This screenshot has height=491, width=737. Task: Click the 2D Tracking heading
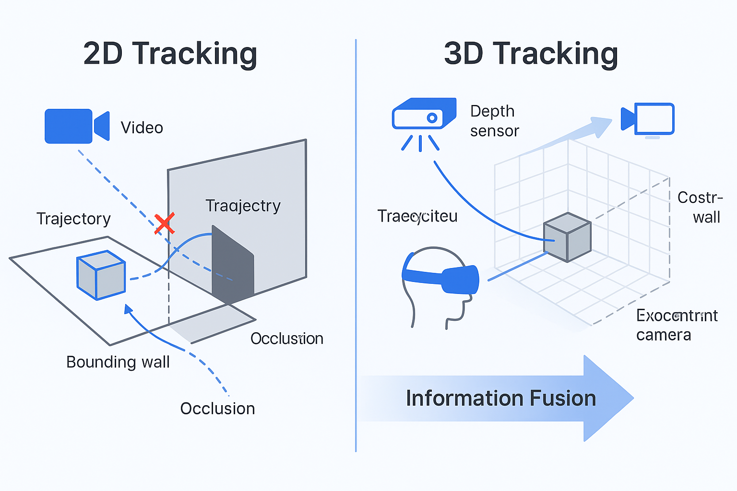tap(170, 53)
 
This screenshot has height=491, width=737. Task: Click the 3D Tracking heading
tap(531, 53)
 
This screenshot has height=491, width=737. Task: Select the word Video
tap(142, 128)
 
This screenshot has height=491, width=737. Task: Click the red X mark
tap(164, 224)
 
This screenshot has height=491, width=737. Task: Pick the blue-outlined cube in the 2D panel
tap(101, 275)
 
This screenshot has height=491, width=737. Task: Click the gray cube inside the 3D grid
tap(567, 237)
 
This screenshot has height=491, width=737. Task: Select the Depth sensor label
tap(494, 121)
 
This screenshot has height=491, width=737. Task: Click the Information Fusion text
tap(500, 398)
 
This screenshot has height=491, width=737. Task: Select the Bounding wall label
tap(118, 362)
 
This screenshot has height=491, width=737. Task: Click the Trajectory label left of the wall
tap(73, 219)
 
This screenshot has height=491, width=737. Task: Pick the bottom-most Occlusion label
tap(217, 409)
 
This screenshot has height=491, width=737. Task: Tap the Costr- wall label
tap(700, 207)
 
